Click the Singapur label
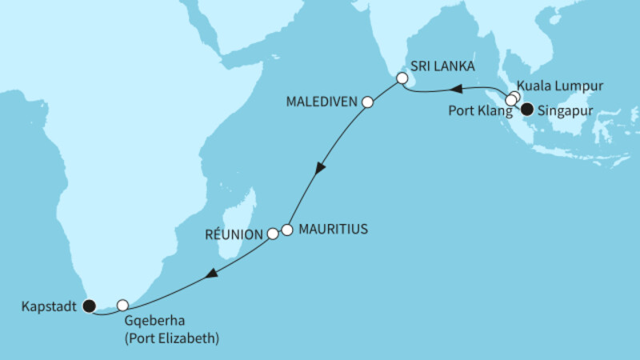(x=567, y=112)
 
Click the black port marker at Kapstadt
(x=89, y=305)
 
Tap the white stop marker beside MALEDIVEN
(x=368, y=102)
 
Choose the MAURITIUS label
(x=332, y=229)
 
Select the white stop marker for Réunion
(x=273, y=234)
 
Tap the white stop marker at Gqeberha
(x=122, y=305)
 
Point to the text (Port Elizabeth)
(x=172, y=338)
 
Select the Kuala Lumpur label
(x=558, y=86)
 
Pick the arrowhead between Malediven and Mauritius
(x=321, y=169)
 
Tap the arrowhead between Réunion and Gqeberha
(x=210, y=274)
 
